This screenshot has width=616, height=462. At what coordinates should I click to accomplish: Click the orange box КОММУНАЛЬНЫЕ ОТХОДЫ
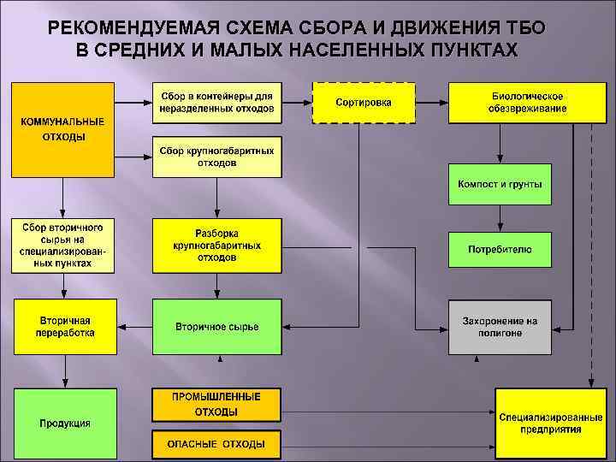(62, 129)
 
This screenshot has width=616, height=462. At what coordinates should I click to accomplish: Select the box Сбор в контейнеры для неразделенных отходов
(216, 103)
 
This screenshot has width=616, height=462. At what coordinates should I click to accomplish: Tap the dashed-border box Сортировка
(364, 103)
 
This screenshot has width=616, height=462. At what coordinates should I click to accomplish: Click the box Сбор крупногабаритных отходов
(216, 157)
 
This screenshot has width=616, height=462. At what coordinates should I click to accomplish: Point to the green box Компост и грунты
(500, 184)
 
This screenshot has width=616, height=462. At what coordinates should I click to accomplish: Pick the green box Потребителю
(500, 249)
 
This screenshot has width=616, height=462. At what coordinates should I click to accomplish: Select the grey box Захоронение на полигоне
(500, 327)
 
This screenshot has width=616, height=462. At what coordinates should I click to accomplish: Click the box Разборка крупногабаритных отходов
(216, 245)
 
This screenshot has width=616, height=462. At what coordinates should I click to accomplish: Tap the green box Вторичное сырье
(216, 327)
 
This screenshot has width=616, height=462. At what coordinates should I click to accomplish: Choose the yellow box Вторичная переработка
(65, 327)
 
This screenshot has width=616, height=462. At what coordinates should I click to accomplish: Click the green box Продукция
(64, 423)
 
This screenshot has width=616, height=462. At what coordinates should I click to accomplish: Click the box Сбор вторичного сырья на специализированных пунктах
(63, 246)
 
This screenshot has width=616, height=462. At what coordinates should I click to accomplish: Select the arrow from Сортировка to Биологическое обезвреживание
(431, 103)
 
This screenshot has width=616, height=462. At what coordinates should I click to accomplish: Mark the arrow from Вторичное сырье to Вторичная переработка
(134, 327)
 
